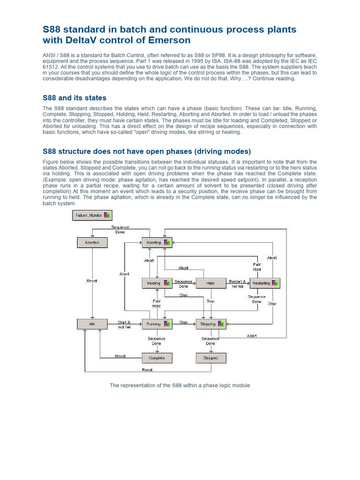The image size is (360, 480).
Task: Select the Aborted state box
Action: pyautogui.click(x=92, y=242)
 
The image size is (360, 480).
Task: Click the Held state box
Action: pyautogui.click(x=210, y=283)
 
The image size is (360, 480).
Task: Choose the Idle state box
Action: pyautogui.click(x=92, y=324)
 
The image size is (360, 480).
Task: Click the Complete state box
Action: pyautogui.click(x=157, y=358)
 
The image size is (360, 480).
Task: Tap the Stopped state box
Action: pyautogui.click(x=210, y=358)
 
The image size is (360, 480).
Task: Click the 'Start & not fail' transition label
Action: pyautogui.click(x=124, y=324)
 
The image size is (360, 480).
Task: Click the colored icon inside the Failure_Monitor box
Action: pyautogui.click(x=107, y=215)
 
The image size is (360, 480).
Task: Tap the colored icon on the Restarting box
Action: pyautogui.click(x=276, y=283)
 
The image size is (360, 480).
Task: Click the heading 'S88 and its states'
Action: pyautogui.click(x=75, y=98)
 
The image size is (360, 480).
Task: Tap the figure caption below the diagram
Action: pyautogui.click(x=180, y=385)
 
